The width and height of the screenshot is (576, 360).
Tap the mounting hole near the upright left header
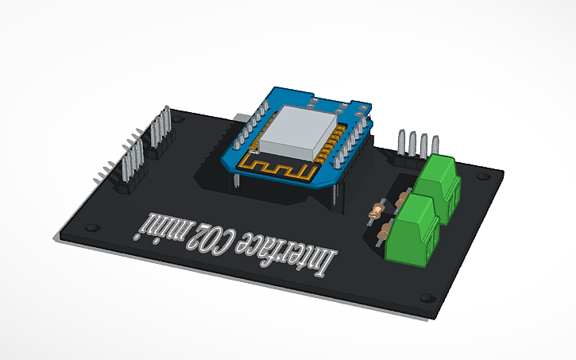click(x=182, y=118)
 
